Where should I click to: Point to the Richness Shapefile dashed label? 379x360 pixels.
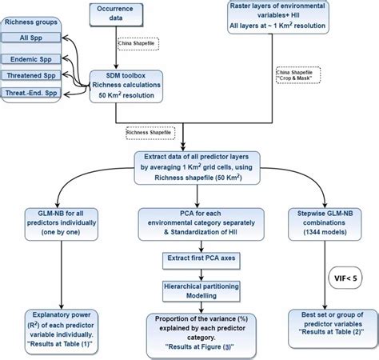click(x=152, y=130)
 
